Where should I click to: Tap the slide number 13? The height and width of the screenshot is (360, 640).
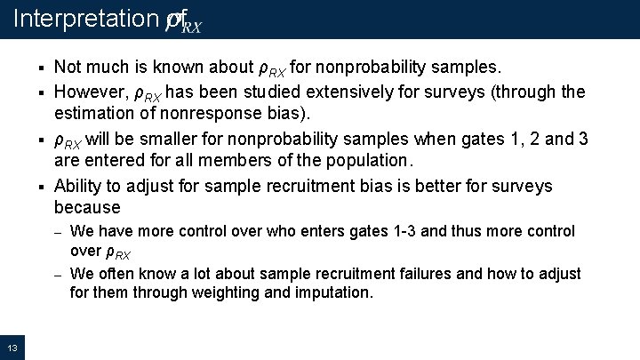pyautogui.click(x=12, y=346)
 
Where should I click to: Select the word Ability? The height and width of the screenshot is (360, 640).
pyautogui.click(x=77, y=186)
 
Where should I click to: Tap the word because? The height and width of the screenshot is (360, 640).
pyautogui.click(x=87, y=208)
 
